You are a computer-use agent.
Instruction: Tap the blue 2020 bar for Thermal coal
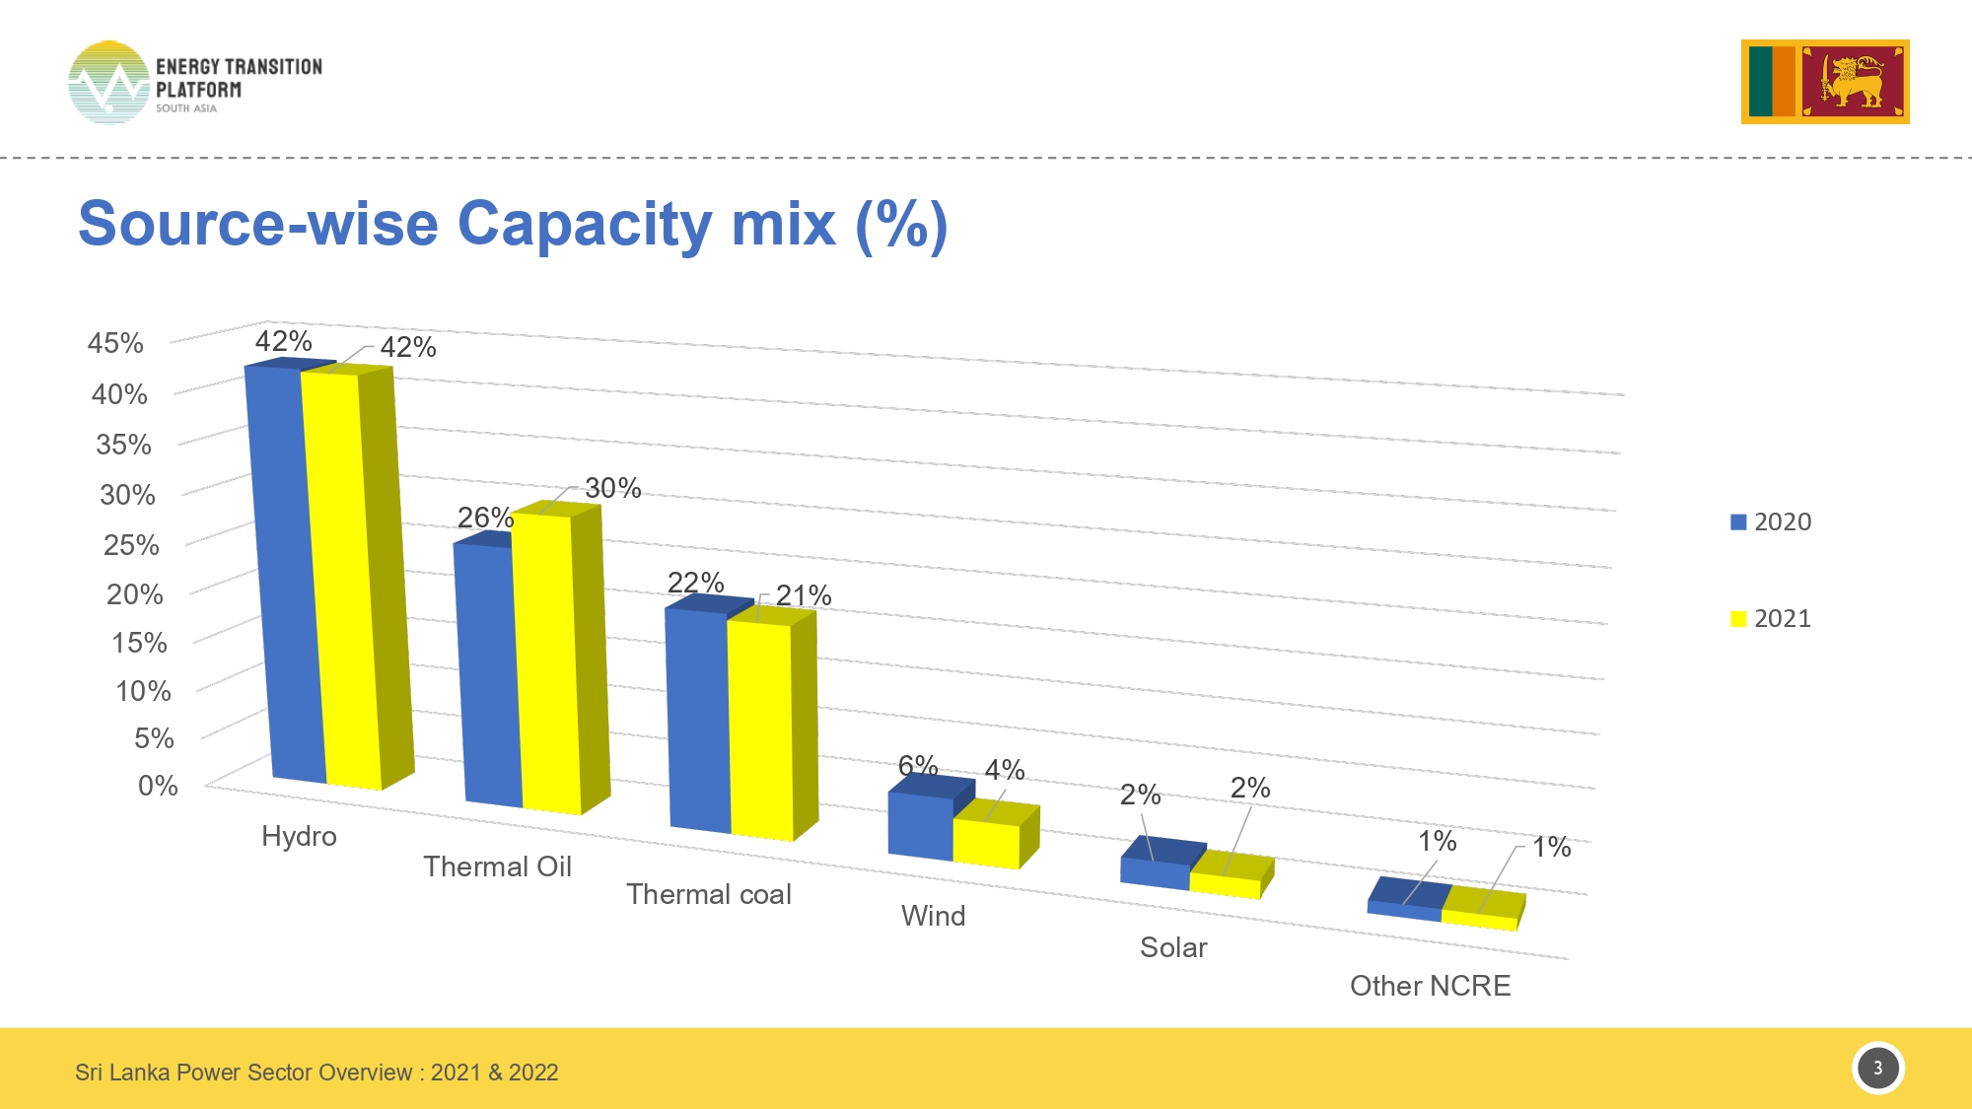(x=698, y=720)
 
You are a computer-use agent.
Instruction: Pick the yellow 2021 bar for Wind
(x=986, y=844)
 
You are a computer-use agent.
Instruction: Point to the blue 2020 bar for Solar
(x=1155, y=873)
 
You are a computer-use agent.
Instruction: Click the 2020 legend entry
(x=1771, y=521)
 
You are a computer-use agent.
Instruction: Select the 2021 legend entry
(x=1771, y=618)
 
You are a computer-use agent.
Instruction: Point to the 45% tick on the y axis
(x=115, y=343)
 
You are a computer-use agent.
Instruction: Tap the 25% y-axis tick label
(x=131, y=544)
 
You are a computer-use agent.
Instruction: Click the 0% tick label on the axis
(x=158, y=786)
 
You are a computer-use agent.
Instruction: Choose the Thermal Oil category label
(x=497, y=866)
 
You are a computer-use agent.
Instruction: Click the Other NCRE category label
(x=1430, y=986)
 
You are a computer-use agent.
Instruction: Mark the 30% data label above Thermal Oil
(x=612, y=488)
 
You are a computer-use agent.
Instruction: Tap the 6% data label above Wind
(x=917, y=765)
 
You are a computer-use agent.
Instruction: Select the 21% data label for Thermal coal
(x=804, y=595)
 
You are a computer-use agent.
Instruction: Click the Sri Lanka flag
(x=1825, y=82)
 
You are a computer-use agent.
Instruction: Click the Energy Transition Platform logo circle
(x=108, y=83)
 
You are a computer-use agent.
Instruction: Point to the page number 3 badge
(x=1877, y=1068)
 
